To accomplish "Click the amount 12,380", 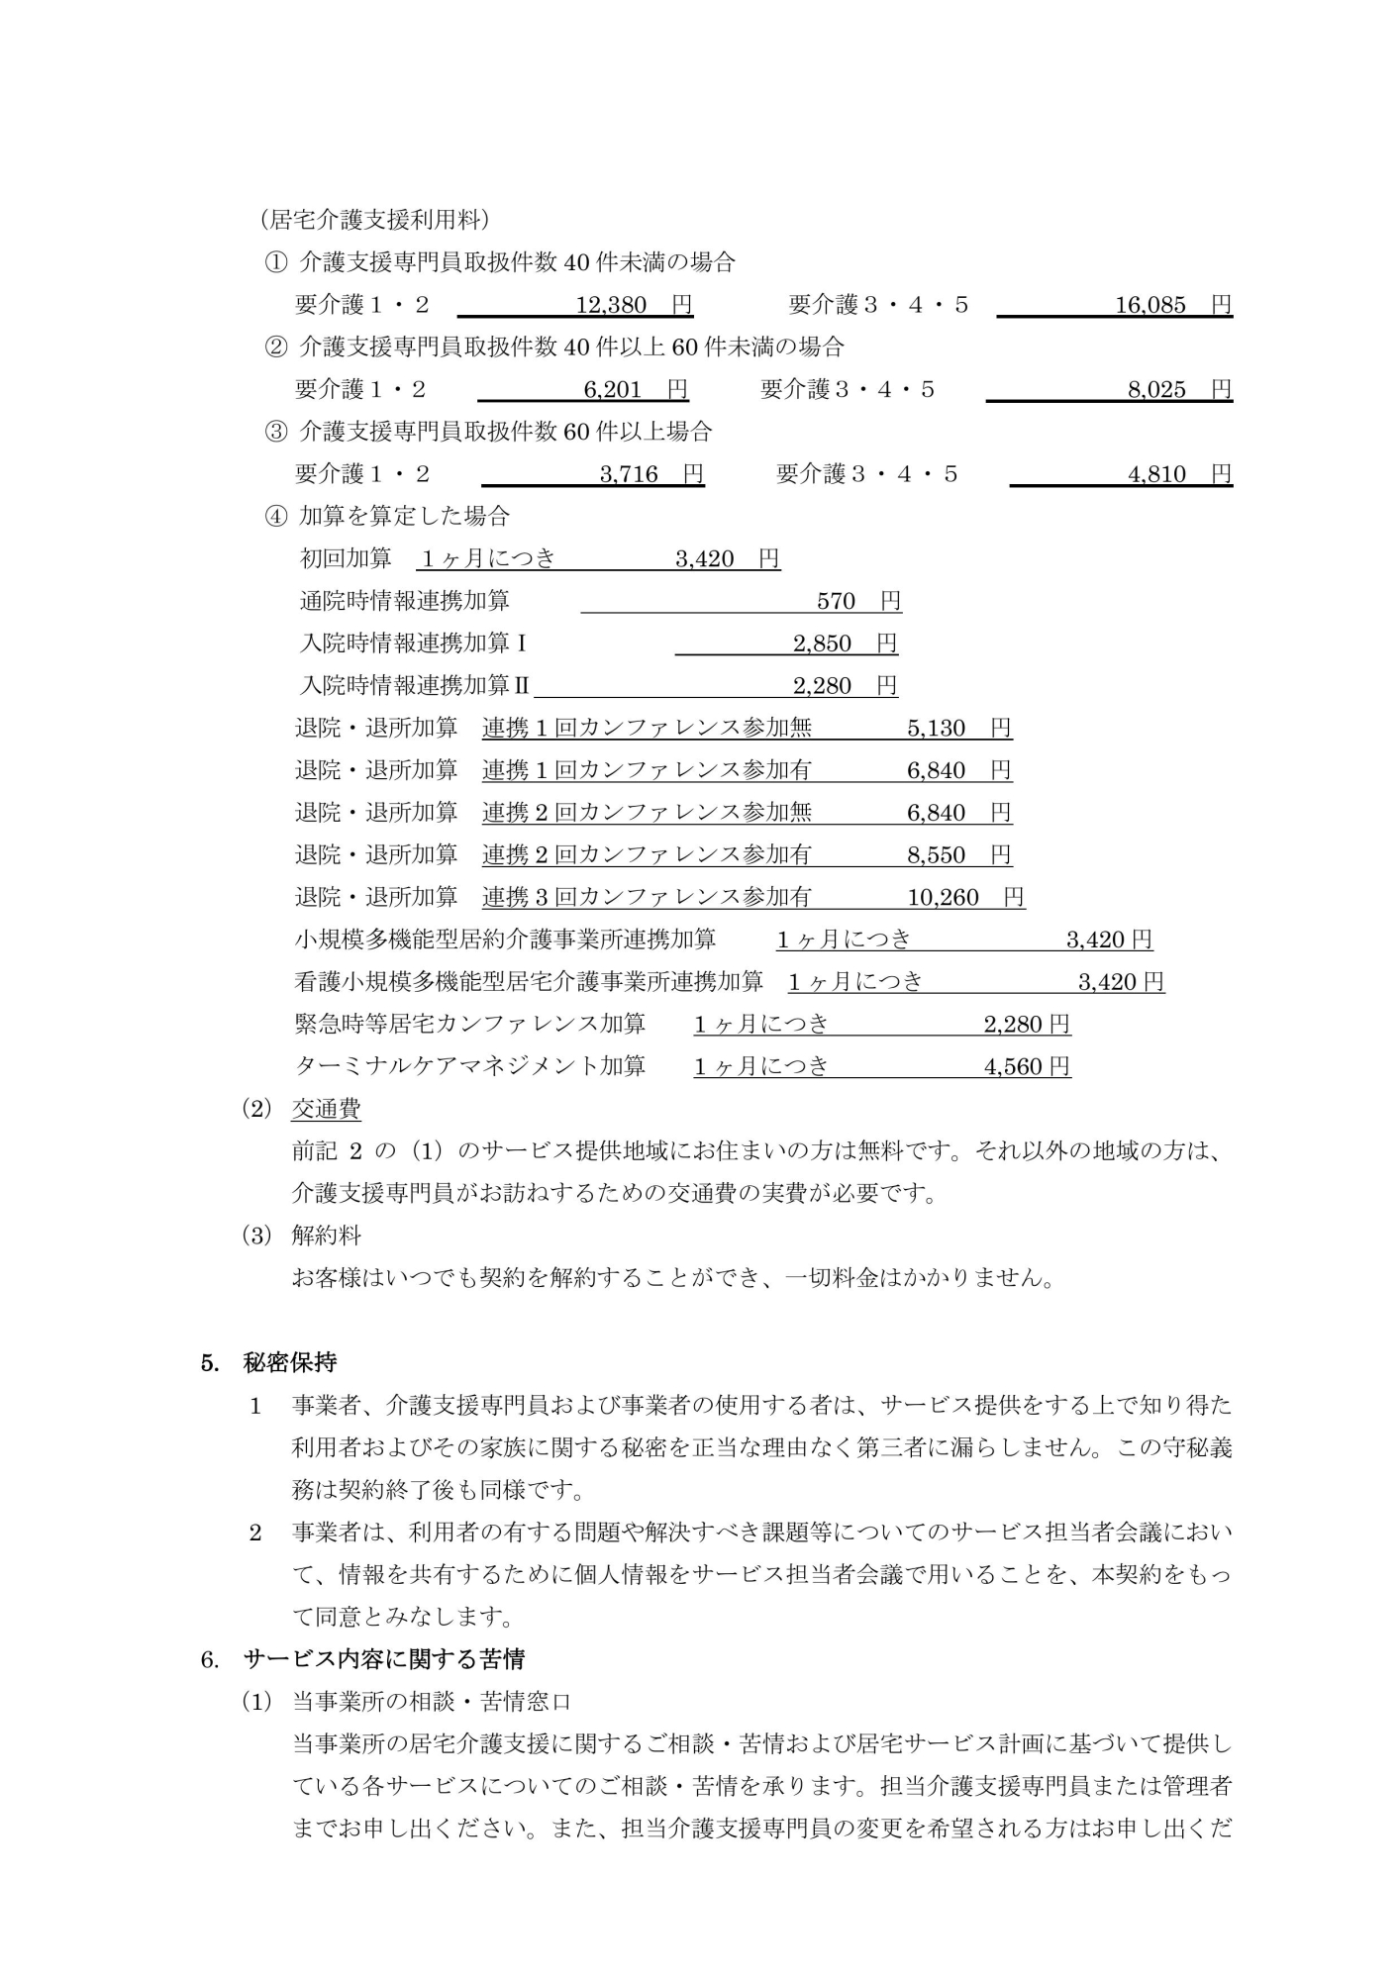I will coord(611,305).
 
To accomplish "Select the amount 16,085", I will coord(1150,305).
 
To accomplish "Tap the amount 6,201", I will coord(613,390).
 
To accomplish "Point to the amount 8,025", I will coord(1156,390).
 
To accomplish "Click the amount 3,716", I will coord(629,474).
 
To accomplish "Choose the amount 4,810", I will coord(1156,474).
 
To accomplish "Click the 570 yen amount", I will coord(836,601).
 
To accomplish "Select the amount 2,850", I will coord(822,643).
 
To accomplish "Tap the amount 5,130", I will coord(936,729).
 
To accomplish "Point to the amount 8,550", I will coord(936,855).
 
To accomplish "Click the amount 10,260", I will coord(943,898).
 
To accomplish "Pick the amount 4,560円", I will coord(1027,1066).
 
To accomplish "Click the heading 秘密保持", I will coord(290,1362).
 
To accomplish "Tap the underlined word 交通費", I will coord(326,1109).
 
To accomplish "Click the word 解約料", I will coord(326,1236).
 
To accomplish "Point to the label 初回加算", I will coord(346,558).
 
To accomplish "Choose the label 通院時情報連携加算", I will coord(404,601).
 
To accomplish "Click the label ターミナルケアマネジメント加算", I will coord(470,1066).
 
